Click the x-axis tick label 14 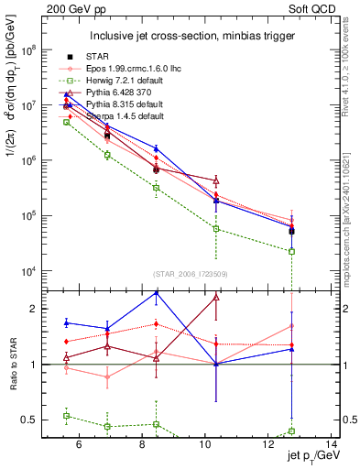[333, 446]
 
